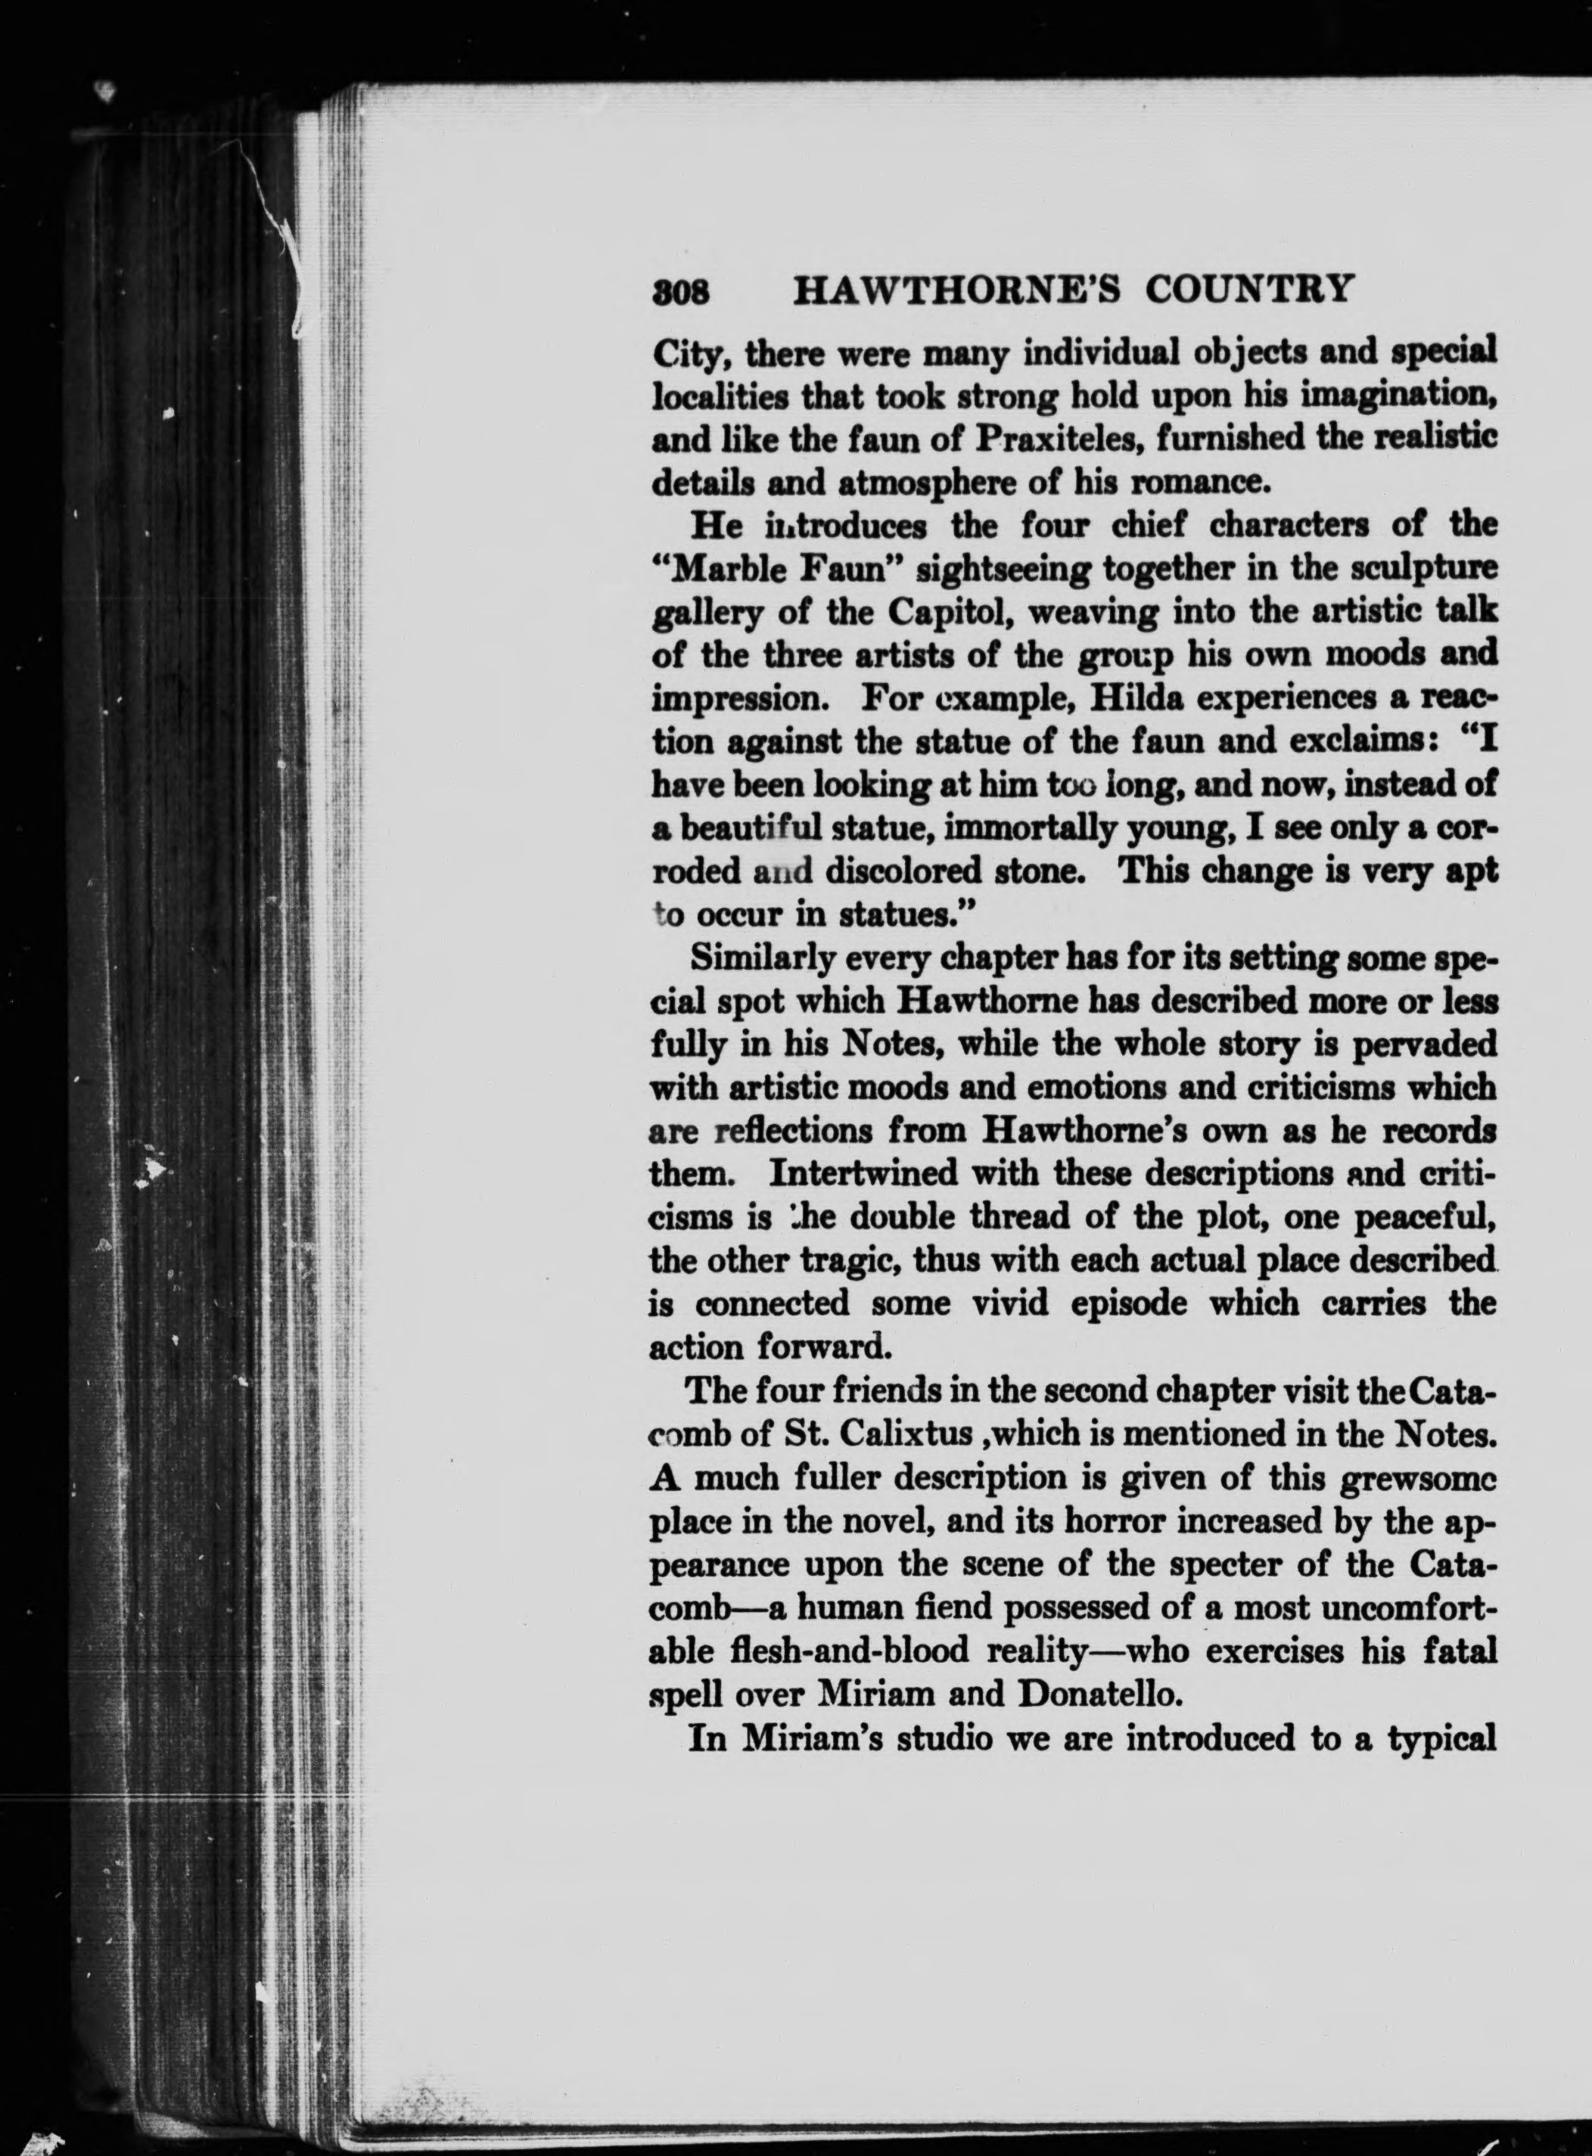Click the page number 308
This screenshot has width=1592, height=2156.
(681, 292)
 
